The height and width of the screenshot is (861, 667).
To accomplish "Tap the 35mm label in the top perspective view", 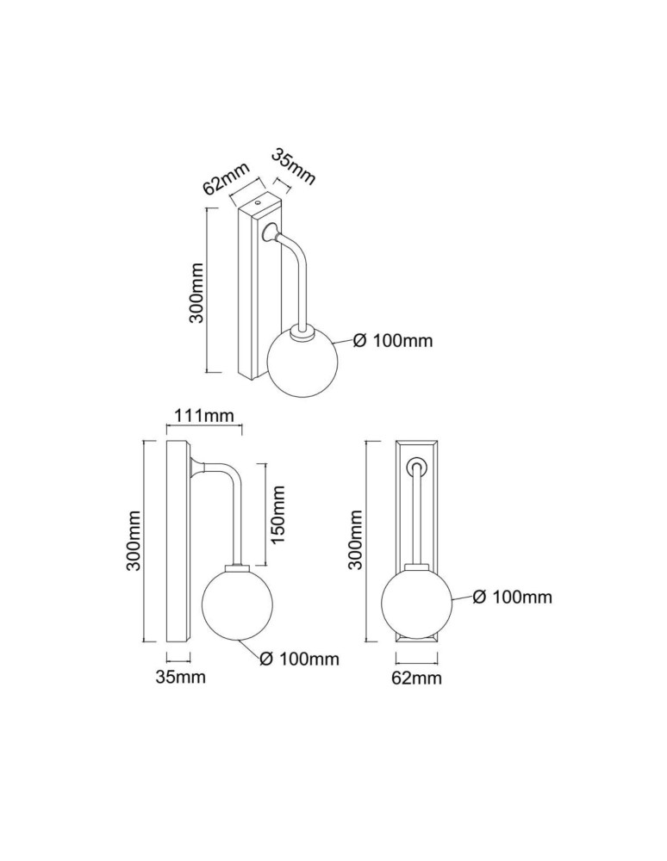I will click(x=294, y=167).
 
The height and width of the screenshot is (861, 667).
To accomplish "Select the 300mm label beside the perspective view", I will click(x=196, y=293).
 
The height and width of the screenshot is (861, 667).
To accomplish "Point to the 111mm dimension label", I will click(x=204, y=416).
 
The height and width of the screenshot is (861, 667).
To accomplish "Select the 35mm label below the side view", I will click(x=180, y=677).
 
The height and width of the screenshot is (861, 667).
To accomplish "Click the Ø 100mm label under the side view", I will click(x=298, y=660).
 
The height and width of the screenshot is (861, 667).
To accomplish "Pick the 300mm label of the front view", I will click(x=354, y=540).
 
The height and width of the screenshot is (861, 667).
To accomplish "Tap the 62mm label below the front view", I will click(x=416, y=678).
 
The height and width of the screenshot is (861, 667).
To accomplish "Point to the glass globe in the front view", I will click(x=416, y=602).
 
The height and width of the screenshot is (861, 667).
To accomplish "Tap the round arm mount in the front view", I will click(x=417, y=466).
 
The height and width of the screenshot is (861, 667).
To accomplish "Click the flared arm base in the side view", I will click(x=197, y=468).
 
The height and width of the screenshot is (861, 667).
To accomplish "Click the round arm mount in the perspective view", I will click(x=271, y=231).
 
